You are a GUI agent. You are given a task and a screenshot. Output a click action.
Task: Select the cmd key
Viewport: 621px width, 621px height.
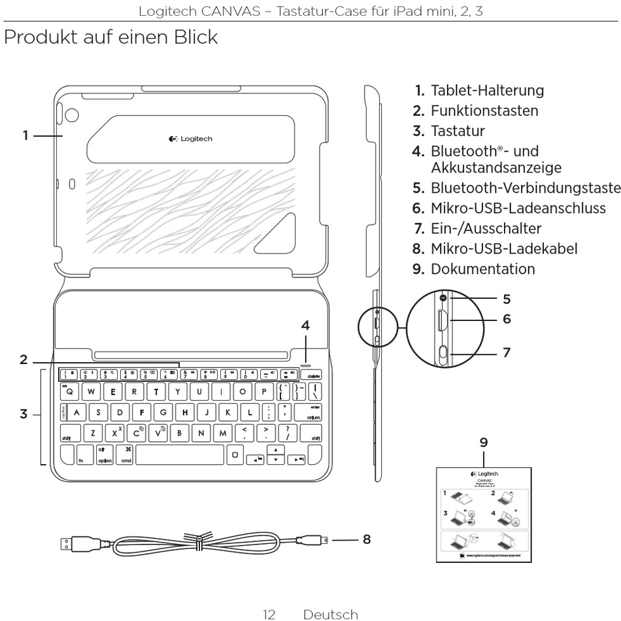pos(126,455)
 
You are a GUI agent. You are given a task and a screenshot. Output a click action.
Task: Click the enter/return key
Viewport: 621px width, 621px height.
pos(311,412)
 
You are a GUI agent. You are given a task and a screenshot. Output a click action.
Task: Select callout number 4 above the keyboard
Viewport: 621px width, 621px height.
pos(305,326)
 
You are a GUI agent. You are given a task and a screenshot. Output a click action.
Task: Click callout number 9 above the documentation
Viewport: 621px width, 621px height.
pos(484,442)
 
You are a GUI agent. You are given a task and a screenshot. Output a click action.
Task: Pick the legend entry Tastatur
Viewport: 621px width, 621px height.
pos(457,131)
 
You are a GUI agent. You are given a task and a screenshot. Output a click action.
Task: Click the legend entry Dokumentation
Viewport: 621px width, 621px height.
pos(482,269)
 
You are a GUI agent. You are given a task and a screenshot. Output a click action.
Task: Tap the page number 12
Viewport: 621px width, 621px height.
pos(269,614)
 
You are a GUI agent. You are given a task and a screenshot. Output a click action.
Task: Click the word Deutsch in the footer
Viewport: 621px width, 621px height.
pos(331,614)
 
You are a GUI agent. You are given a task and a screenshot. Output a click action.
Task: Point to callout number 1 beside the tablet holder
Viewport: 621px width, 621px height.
pos(25,135)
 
